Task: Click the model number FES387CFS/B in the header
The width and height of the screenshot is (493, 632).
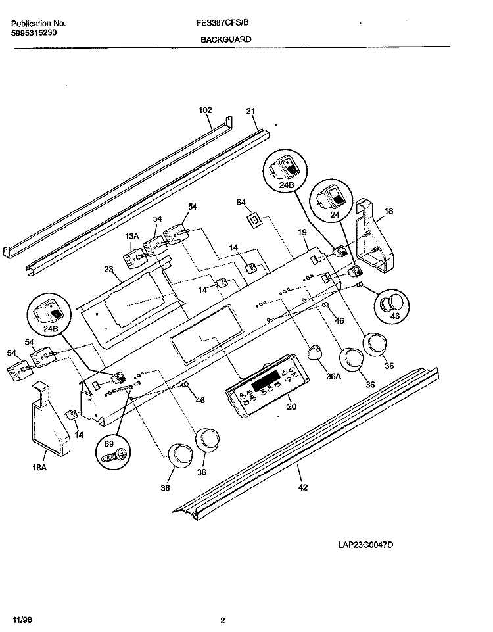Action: [x=222, y=22]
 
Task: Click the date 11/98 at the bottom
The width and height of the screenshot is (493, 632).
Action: [x=21, y=620]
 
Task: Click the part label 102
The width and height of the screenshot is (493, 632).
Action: [x=206, y=111]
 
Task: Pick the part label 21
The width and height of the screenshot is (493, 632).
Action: [x=250, y=111]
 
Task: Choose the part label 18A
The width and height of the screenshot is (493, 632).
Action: [x=40, y=468]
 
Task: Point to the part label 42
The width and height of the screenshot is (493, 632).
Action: [x=302, y=487]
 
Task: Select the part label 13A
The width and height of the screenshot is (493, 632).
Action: [x=133, y=236]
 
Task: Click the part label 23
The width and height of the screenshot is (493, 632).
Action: [x=109, y=268]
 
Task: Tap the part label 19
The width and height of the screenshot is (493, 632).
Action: [x=302, y=233]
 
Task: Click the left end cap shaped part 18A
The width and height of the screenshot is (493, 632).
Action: [x=49, y=424]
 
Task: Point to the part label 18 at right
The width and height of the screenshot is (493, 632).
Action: [x=388, y=211]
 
